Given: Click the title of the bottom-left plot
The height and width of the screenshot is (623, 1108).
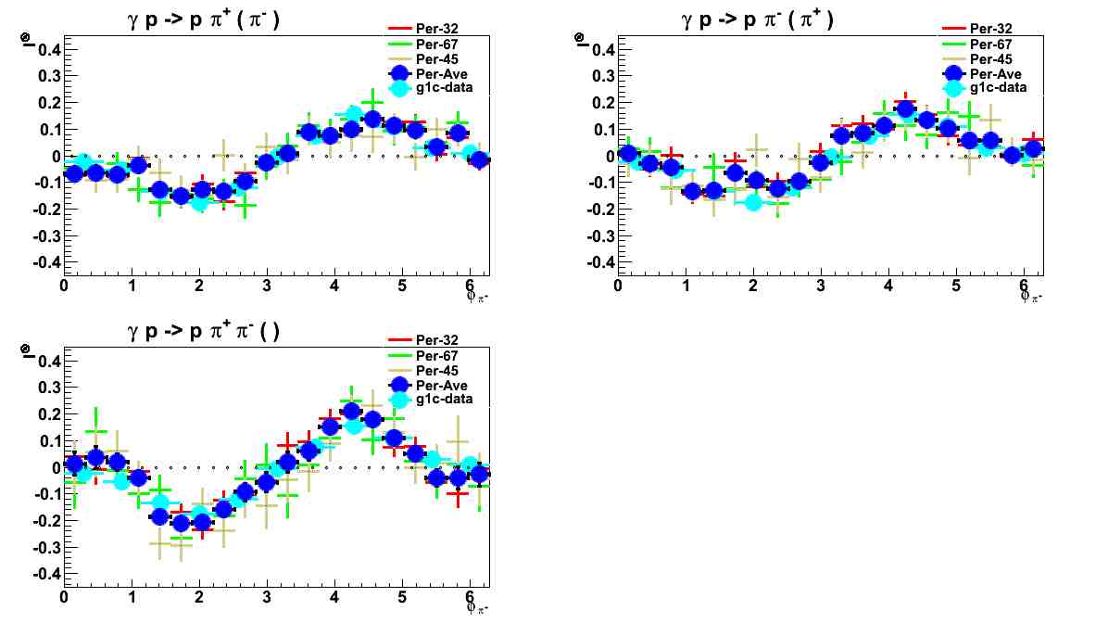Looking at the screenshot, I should (x=214, y=330).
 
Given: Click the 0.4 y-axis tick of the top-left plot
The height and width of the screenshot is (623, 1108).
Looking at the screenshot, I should (x=47, y=49).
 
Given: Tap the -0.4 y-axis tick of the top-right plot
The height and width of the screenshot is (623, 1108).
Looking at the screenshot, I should (x=599, y=262).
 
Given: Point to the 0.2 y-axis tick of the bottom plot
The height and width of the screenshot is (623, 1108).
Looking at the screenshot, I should (x=47, y=413).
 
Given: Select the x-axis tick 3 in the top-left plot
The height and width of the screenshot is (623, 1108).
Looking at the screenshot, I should (x=267, y=286).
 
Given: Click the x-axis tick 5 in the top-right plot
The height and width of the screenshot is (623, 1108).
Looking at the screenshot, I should (x=956, y=286).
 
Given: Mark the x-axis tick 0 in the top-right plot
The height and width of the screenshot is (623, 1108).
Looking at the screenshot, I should (x=618, y=286).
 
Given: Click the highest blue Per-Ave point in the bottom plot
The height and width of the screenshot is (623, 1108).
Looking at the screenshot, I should (x=351, y=412).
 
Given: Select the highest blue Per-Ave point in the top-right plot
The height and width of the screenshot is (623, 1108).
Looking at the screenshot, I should (x=906, y=109).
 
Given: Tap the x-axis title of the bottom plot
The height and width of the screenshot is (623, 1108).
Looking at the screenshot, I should (x=477, y=607).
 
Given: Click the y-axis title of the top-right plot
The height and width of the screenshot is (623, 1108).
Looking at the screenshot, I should (x=579, y=39).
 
